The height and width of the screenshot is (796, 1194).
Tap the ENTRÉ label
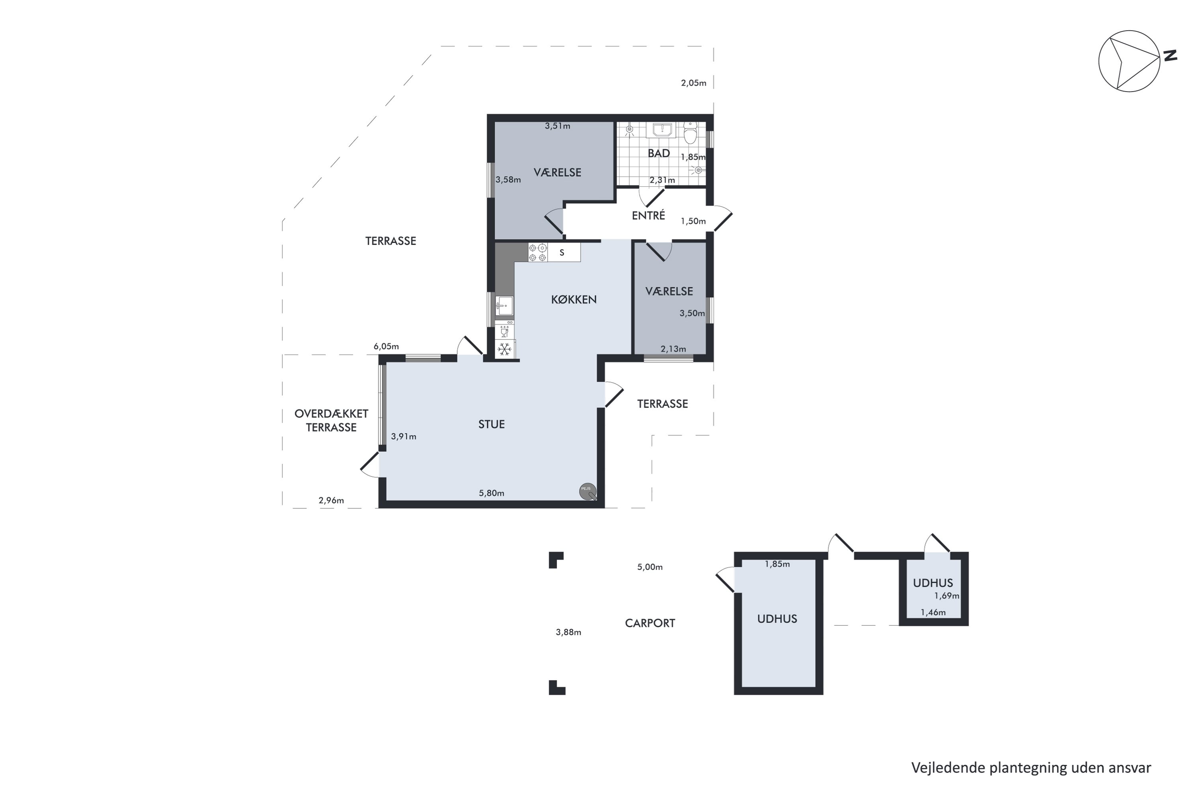pyautogui.click(x=648, y=215)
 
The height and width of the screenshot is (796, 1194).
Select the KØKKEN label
pyautogui.click(x=574, y=300)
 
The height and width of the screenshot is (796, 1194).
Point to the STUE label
pyautogui.click(x=492, y=424)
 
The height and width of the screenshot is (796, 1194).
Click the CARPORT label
pyautogui.click(x=650, y=623)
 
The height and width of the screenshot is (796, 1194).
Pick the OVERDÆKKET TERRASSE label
pyautogui.click(x=332, y=420)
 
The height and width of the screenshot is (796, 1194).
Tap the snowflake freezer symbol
pyautogui.click(x=505, y=349)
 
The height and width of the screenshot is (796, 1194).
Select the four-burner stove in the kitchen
pyautogui.click(x=538, y=252)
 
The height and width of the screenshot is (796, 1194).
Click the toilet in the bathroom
pyautogui.click(x=690, y=133)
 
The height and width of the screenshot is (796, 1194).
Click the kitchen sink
pyautogui.click(x=504, y=306)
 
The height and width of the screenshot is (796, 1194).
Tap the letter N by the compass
pyautogui.click(x=1170, y=56)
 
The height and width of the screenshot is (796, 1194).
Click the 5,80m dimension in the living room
pyautogui.click(x=492, y=493)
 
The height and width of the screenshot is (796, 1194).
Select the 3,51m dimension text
pyautogui.click(x=558, y=126)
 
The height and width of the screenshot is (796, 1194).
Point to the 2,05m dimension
pyautogui.click(x=693, y=83)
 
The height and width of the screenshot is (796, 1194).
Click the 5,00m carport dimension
pyautogui.click(x=650, y=567)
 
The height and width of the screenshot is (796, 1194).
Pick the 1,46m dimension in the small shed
pyautogui.click(x=933, y=612)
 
